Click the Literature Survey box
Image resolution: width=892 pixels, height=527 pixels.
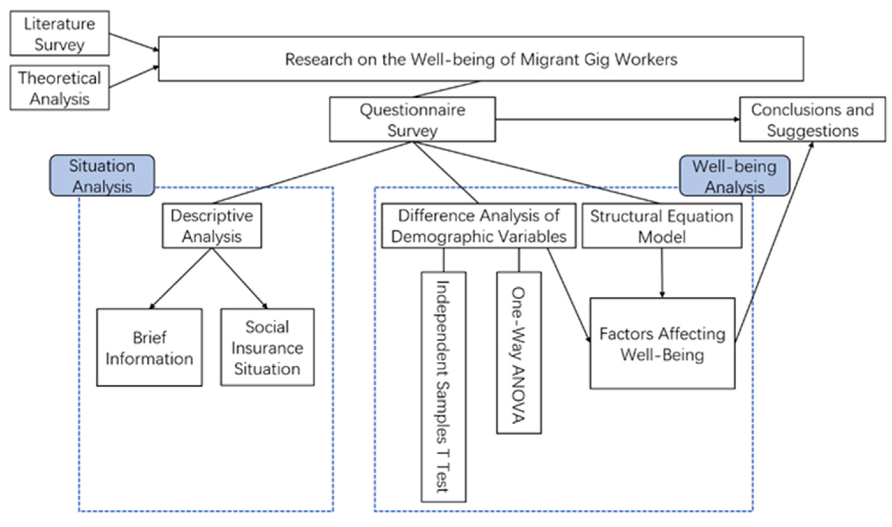pyautogui.click(x=59, y=33)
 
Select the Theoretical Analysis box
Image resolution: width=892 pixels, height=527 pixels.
pyautogui.click(x=59, y=88)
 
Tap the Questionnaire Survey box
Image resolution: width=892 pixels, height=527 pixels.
pyautogui.click(x=412, y=120)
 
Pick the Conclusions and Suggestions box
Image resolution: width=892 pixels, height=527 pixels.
pyautogui.click(x=812, y=120)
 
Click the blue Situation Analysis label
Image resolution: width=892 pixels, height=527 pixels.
pyautogui.click(x=102, y=175)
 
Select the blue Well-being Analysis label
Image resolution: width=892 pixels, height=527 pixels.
pyautogui.click(x=734, y=176)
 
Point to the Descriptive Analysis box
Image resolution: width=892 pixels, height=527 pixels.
pyautogui.click(x=212, y=226)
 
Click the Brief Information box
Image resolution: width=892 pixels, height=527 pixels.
pyautogui.click(x=150, y=348)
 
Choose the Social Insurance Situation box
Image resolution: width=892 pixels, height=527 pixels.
pyautogui.click(x=267, y=348)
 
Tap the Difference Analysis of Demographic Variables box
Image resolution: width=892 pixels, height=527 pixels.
pyautogui.click(x=478, y=226)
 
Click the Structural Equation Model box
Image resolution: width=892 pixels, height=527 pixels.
pyautogui.click(x=662, y=226)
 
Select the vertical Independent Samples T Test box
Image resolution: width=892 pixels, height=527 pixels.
pyautogui.click(x=443, y=387)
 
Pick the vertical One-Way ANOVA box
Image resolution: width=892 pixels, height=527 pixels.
pyautogui.click(x=519, y=353)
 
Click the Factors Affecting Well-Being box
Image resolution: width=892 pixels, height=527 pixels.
pyautogui.click(x=662, y=344)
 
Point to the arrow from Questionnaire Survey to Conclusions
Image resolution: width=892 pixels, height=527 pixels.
pyautogui.click(x=618, y=120)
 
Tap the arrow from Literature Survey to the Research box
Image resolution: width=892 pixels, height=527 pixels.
pyautogui.click(x=134, y=42)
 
